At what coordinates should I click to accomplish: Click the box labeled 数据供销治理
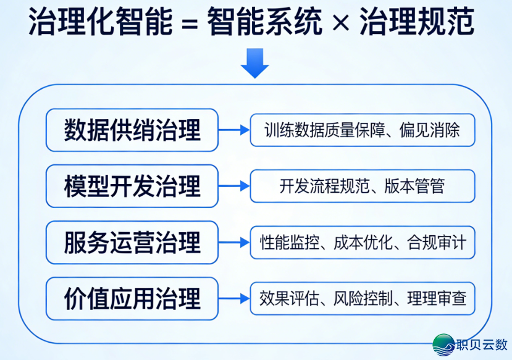click(132, 130)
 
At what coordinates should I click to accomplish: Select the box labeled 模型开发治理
click(132, 186)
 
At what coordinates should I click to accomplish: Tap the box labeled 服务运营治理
click(132, 242)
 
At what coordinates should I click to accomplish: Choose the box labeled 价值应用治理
click(132, 298)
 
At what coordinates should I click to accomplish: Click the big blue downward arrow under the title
click(254, 64)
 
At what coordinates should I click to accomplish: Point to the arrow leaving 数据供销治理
click(234, 130)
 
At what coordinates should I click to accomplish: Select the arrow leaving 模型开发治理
click(234, 186)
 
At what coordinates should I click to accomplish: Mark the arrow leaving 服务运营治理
click(234, 242)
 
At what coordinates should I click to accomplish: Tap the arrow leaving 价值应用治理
click(234, 298)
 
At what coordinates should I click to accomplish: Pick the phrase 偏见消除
click(430, 130)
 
